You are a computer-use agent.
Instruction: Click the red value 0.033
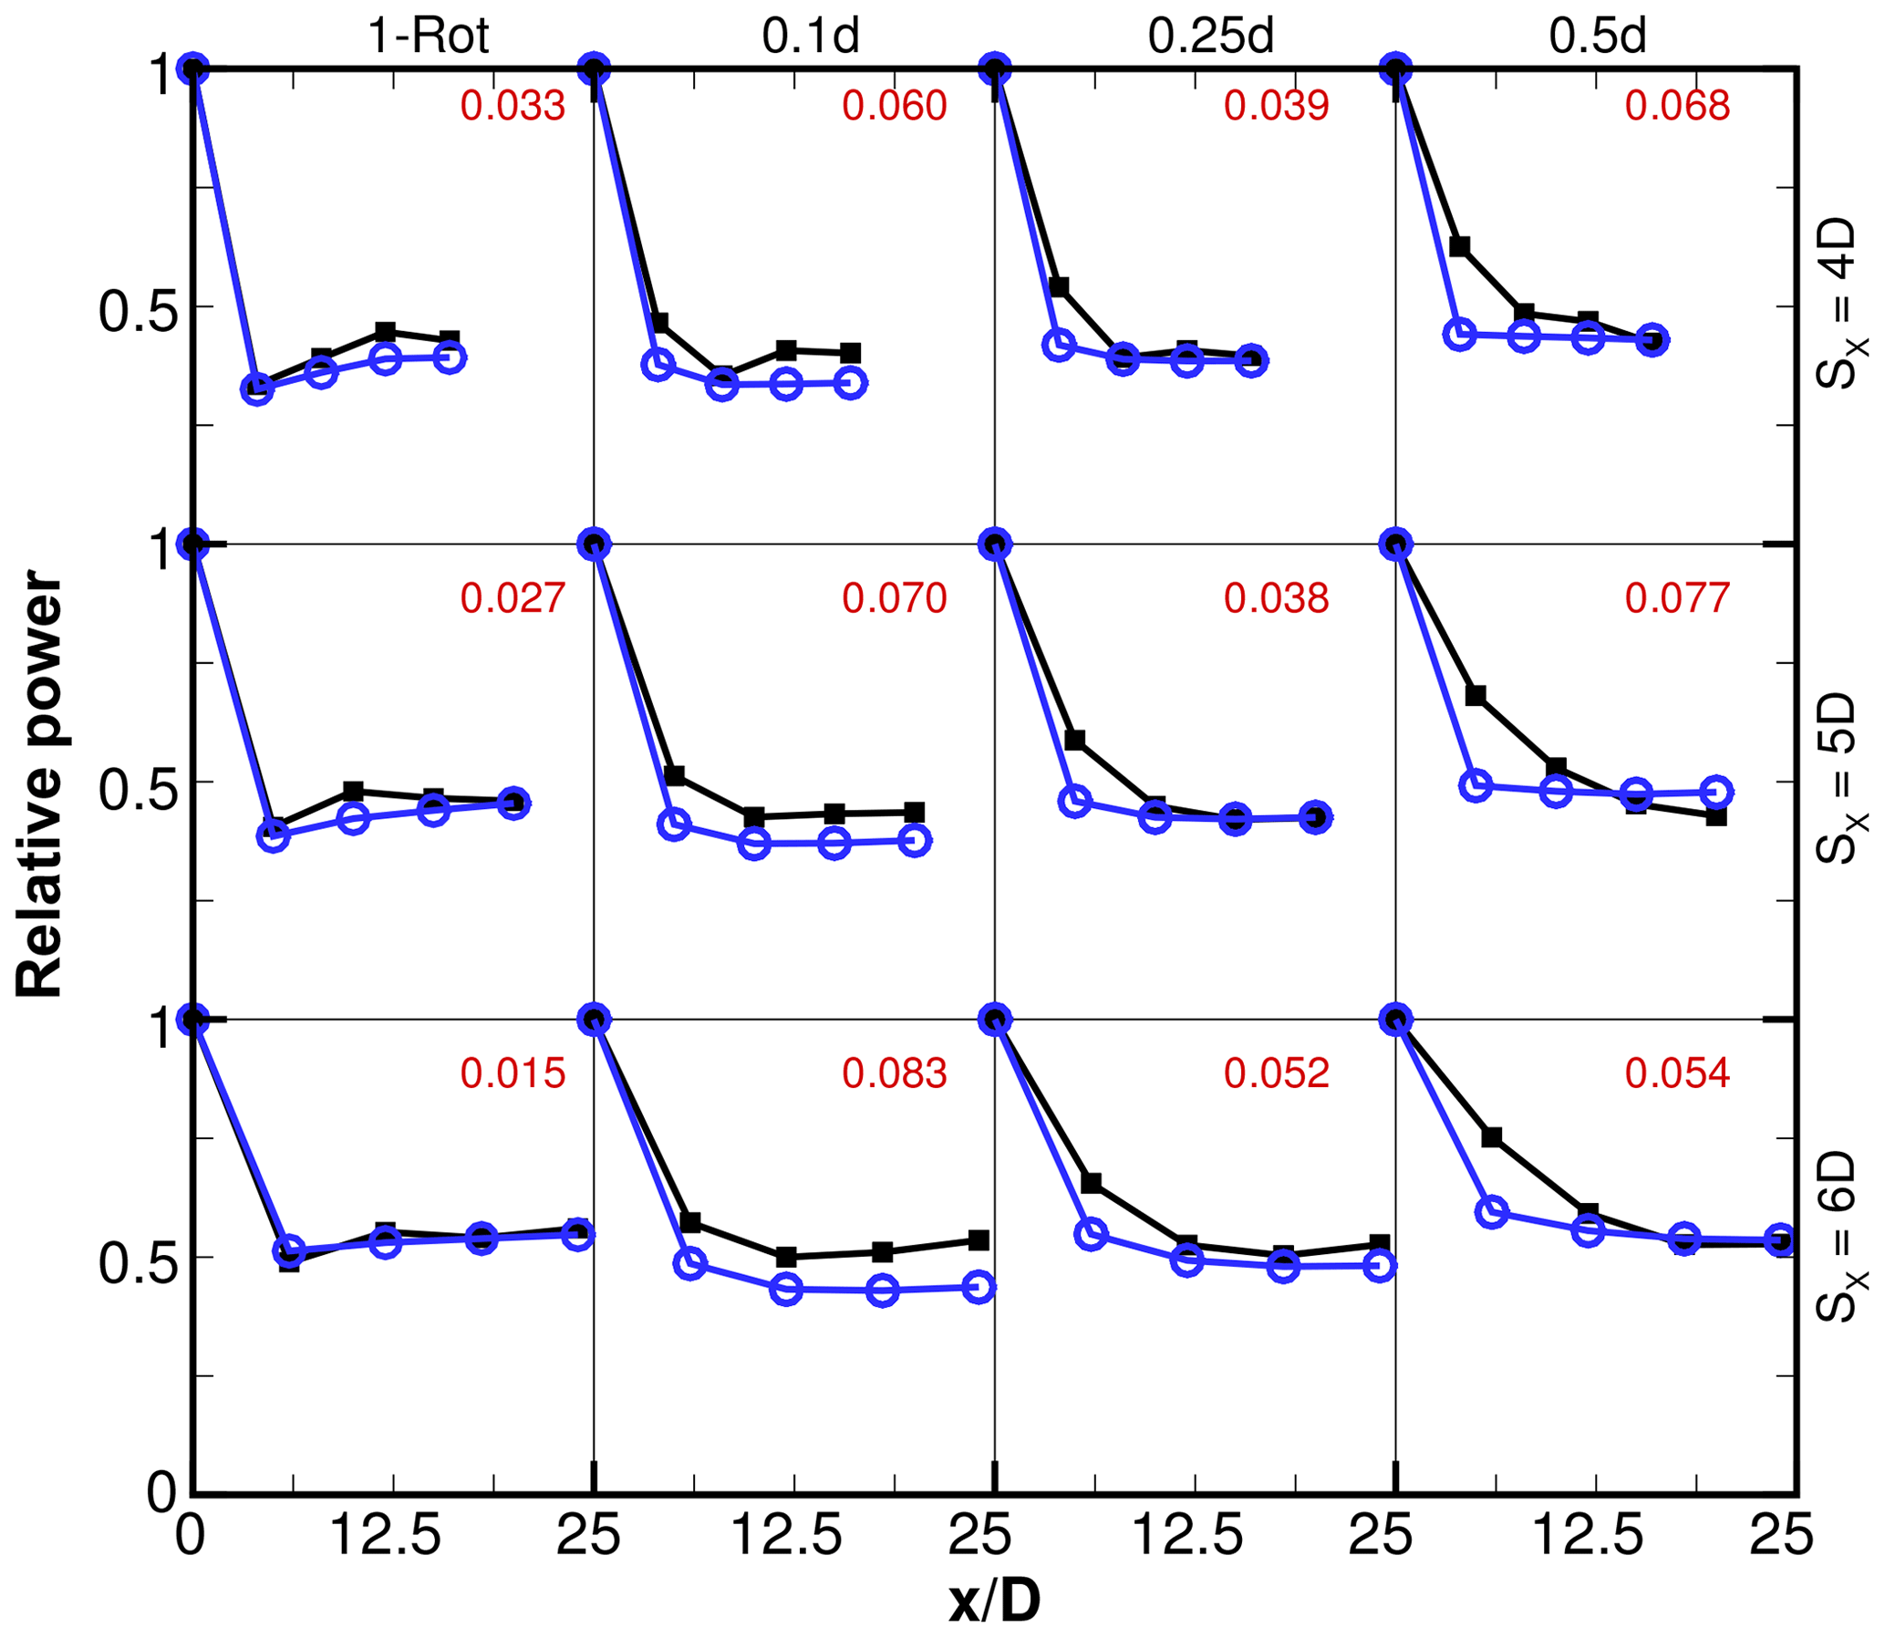pyautogui.click(x=513, y=106)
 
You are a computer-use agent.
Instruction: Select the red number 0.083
pyautogui.click(x=894, y=1073)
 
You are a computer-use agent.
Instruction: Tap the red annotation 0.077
pyautogui.click(x=1677, y=597)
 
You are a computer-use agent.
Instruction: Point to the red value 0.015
pyautogui.click(x=513, y=1073)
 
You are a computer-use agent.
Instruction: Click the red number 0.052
pyautogui.click(x=1276, y=1073)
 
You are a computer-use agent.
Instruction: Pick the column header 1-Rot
pyautogui.click(x=428, y=36)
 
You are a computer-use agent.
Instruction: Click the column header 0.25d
pyautogui.click(x=1210, y=36)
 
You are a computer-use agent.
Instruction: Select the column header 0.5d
pyautogui.click(x=1598, y=36)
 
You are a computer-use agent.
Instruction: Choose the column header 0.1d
pyautogui.click(x=811, y=36)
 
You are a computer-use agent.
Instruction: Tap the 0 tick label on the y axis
pyautogui.click(x=162, y=1492)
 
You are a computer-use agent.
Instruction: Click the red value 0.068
pyautogui.click(x=1677, y=106)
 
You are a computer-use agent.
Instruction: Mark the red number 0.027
pyautogui.click(x=513, y=597)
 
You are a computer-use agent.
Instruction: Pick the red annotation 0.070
pyautogui.click(x=894, y=597)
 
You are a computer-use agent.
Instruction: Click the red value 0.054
pyautogui.click(x=1677, y=1073)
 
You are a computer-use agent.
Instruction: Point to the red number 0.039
pyautogui.click(x=1276, y=106)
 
